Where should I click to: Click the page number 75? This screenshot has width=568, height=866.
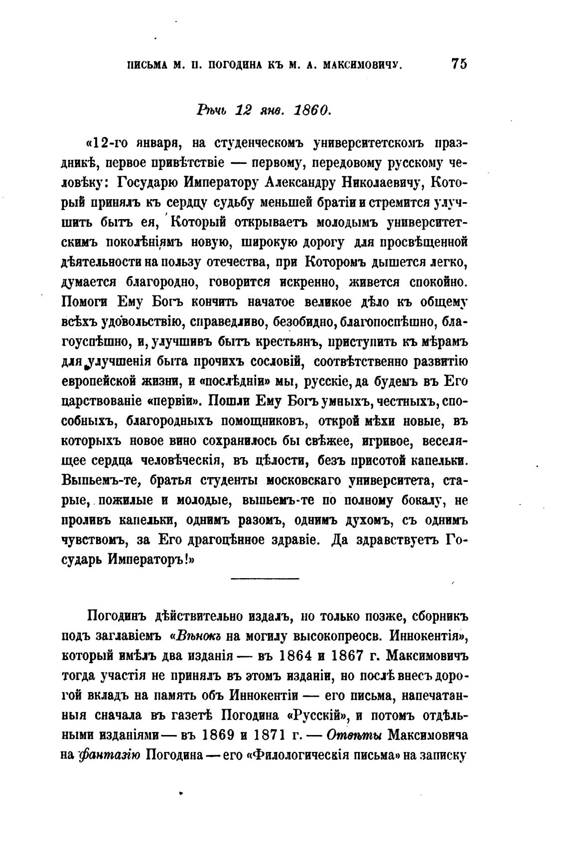point(458,65)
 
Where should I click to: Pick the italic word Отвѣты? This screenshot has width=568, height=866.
point(356,735)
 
